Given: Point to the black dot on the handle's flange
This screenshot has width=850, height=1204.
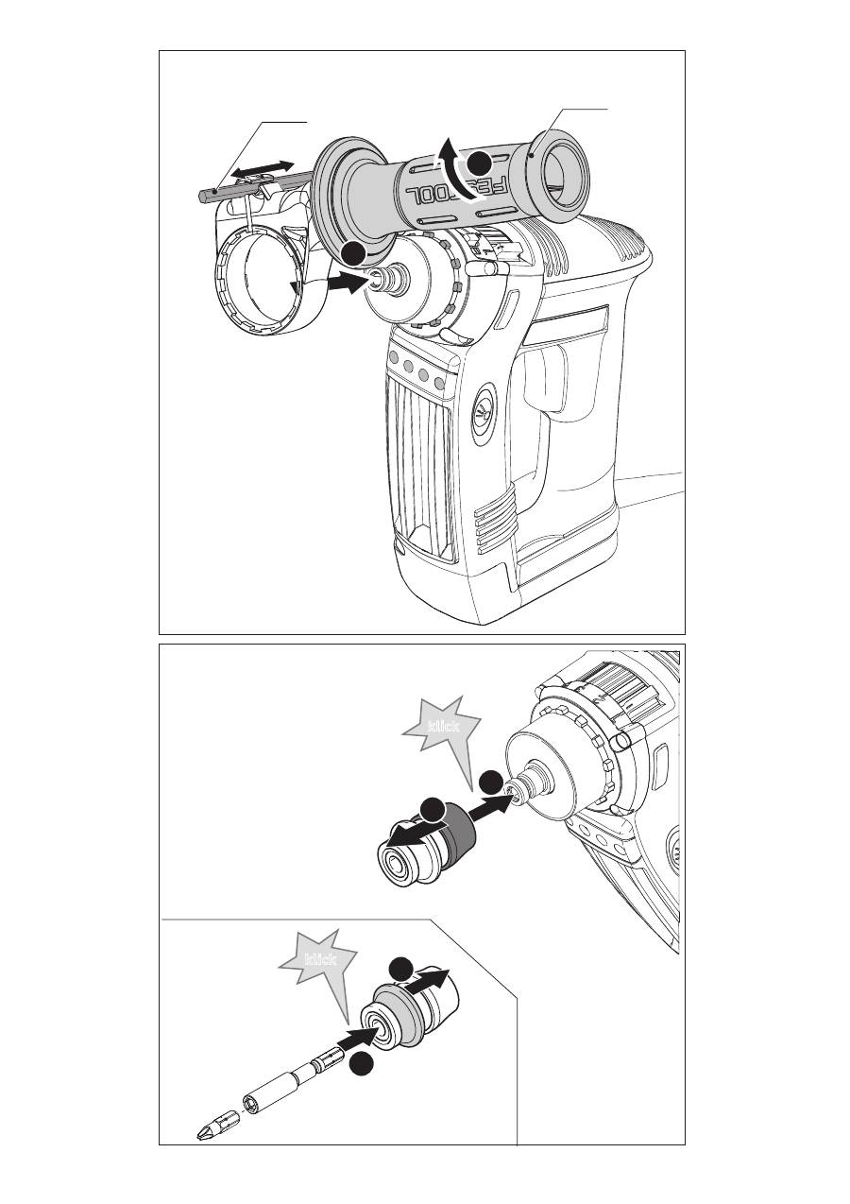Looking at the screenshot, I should [x=353, y=252].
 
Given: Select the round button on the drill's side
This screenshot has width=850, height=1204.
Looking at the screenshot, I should [x=484, y=409].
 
